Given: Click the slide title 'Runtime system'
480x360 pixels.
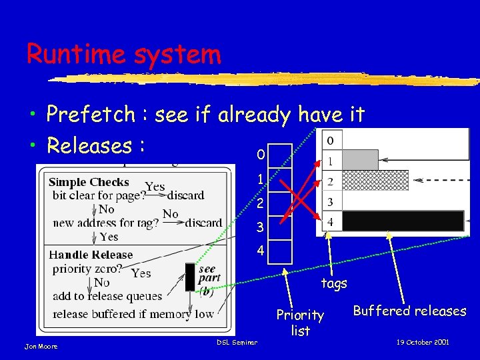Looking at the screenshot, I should coord(123,53).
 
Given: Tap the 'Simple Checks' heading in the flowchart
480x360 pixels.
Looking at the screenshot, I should coord(89,182).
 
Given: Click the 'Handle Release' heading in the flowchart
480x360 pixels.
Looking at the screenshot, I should coord(91,255).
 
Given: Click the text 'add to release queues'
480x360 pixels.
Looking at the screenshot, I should coord(107,296).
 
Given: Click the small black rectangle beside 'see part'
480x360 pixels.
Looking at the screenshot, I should coord(190,277).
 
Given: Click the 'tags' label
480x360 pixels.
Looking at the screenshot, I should coord(334,283).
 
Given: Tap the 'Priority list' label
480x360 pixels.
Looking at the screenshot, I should coord(300,322).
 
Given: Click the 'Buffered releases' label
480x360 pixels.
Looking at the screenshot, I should coord(409,311).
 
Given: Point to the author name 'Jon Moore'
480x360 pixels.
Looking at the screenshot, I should coord(41,346).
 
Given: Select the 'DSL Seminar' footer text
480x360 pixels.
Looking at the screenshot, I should coord(237,342).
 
